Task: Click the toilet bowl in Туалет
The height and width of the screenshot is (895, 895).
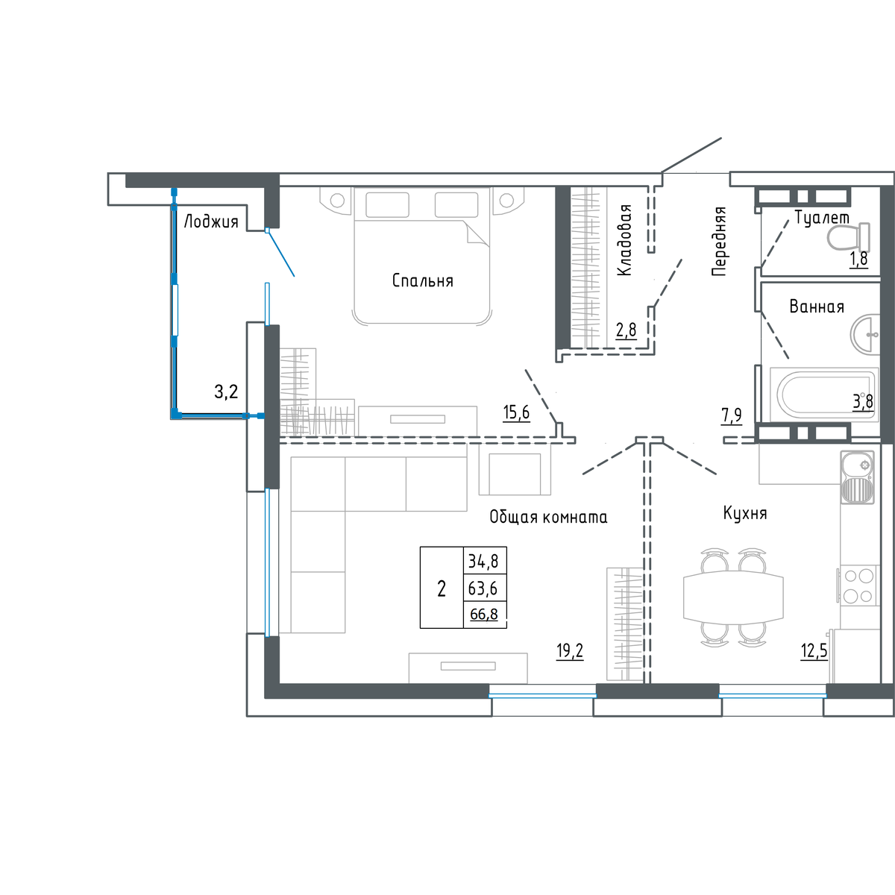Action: pos(849,237)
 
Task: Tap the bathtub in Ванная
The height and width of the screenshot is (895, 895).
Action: pos(824,395)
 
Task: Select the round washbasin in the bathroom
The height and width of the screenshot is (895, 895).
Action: pos(865,334)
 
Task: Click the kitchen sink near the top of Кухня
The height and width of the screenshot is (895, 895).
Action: pos(857,477)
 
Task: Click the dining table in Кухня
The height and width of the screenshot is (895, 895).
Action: pos(733,597)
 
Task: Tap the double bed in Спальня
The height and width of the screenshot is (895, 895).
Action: pos(421,255)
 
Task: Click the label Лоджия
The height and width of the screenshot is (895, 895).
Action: pos(211,222)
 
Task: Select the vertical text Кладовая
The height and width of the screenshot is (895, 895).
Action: pos(625,239)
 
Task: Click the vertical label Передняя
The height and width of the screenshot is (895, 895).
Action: pos(719,242)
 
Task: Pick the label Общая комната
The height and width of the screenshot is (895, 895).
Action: pos(548,517)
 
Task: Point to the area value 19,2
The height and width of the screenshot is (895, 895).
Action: pos(570,651)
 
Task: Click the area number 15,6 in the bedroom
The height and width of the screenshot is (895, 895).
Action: pos(516,412)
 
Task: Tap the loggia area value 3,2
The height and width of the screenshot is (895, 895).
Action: pos(226,392)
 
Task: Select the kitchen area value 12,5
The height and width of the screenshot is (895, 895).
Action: pos(814,651)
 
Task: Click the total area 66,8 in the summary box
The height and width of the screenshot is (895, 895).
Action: pos(484,615)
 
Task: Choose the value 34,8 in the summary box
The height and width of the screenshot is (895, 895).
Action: pos(483,562)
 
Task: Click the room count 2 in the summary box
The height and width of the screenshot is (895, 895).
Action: pos(442,589)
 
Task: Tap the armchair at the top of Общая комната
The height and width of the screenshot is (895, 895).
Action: pos(515,469)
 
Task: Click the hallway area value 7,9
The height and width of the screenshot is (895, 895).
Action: pos(732,415)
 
